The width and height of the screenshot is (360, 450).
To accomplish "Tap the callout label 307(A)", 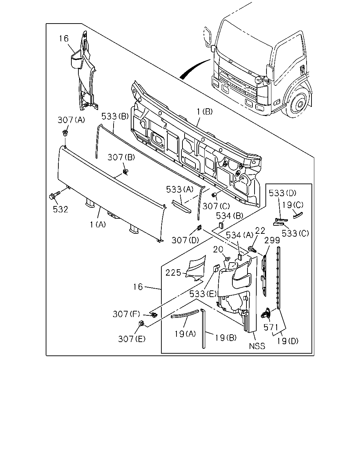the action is pos(71,120).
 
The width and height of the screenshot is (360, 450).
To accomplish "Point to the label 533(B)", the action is pos(115,116).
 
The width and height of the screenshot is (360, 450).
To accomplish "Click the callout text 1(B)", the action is pos(205,112).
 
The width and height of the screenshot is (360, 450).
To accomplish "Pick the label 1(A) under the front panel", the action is pos(98,225).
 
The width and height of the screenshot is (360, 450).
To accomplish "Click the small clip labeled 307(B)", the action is pos(126,172).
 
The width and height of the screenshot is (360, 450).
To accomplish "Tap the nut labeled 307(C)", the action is pos(214,195).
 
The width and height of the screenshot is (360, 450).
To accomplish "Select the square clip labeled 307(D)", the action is pos(199,227).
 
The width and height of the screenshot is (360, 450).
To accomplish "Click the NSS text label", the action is pos(257,346).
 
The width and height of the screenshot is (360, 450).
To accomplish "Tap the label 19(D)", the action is pos(288,341).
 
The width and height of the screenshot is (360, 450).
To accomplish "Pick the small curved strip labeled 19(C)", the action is pos(298,215).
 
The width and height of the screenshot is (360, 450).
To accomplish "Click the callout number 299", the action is pos(272,240).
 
